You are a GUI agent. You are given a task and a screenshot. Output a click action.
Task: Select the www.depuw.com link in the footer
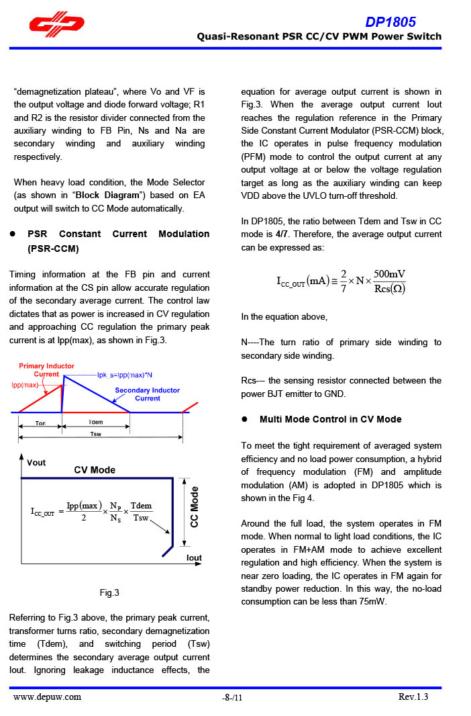(48, 697)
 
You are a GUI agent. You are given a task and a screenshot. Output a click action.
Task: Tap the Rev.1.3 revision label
(413, 697)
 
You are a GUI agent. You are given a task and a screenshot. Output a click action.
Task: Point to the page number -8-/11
(232, 698)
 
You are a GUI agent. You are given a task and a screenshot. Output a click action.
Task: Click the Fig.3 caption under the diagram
(109, 592)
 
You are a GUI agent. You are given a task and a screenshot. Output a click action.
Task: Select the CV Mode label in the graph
(94, 469)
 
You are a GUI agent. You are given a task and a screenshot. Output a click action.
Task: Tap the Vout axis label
(37, 462)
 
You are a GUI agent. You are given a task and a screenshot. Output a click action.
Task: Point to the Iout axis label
(194, 557)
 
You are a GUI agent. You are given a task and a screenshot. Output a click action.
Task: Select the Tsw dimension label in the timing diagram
(96, 434)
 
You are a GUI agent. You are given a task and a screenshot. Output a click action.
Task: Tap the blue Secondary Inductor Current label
(147, 394)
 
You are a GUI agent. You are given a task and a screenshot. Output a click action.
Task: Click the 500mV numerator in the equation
(389, 274)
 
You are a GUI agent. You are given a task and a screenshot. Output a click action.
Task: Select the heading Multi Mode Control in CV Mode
(330, 419)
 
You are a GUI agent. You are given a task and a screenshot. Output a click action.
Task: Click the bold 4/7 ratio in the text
(282, 234)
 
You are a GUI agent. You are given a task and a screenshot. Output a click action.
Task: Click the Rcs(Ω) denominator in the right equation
(389, 289)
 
